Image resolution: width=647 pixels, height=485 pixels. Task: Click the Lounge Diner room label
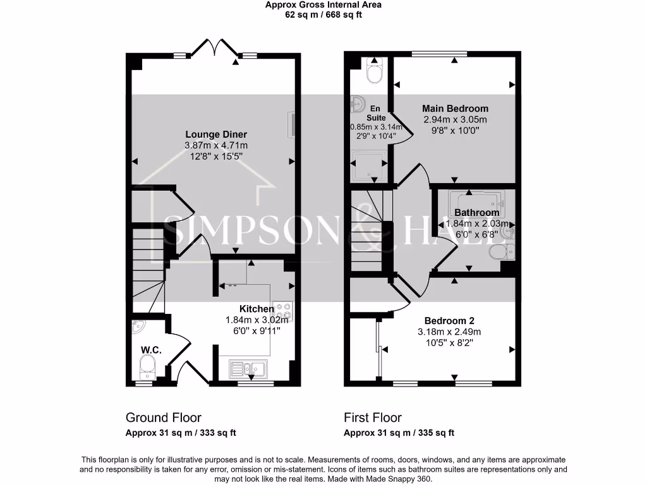tap(215, 135)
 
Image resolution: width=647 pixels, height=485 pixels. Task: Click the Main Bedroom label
tap(455, 109)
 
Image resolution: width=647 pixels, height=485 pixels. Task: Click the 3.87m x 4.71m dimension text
tap(215, 145)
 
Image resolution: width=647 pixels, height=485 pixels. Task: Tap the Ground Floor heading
tap(164, 417)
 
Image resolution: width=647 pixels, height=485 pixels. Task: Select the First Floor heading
tap(373, 417)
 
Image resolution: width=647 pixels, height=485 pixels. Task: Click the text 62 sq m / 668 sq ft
tap(323, 15)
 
